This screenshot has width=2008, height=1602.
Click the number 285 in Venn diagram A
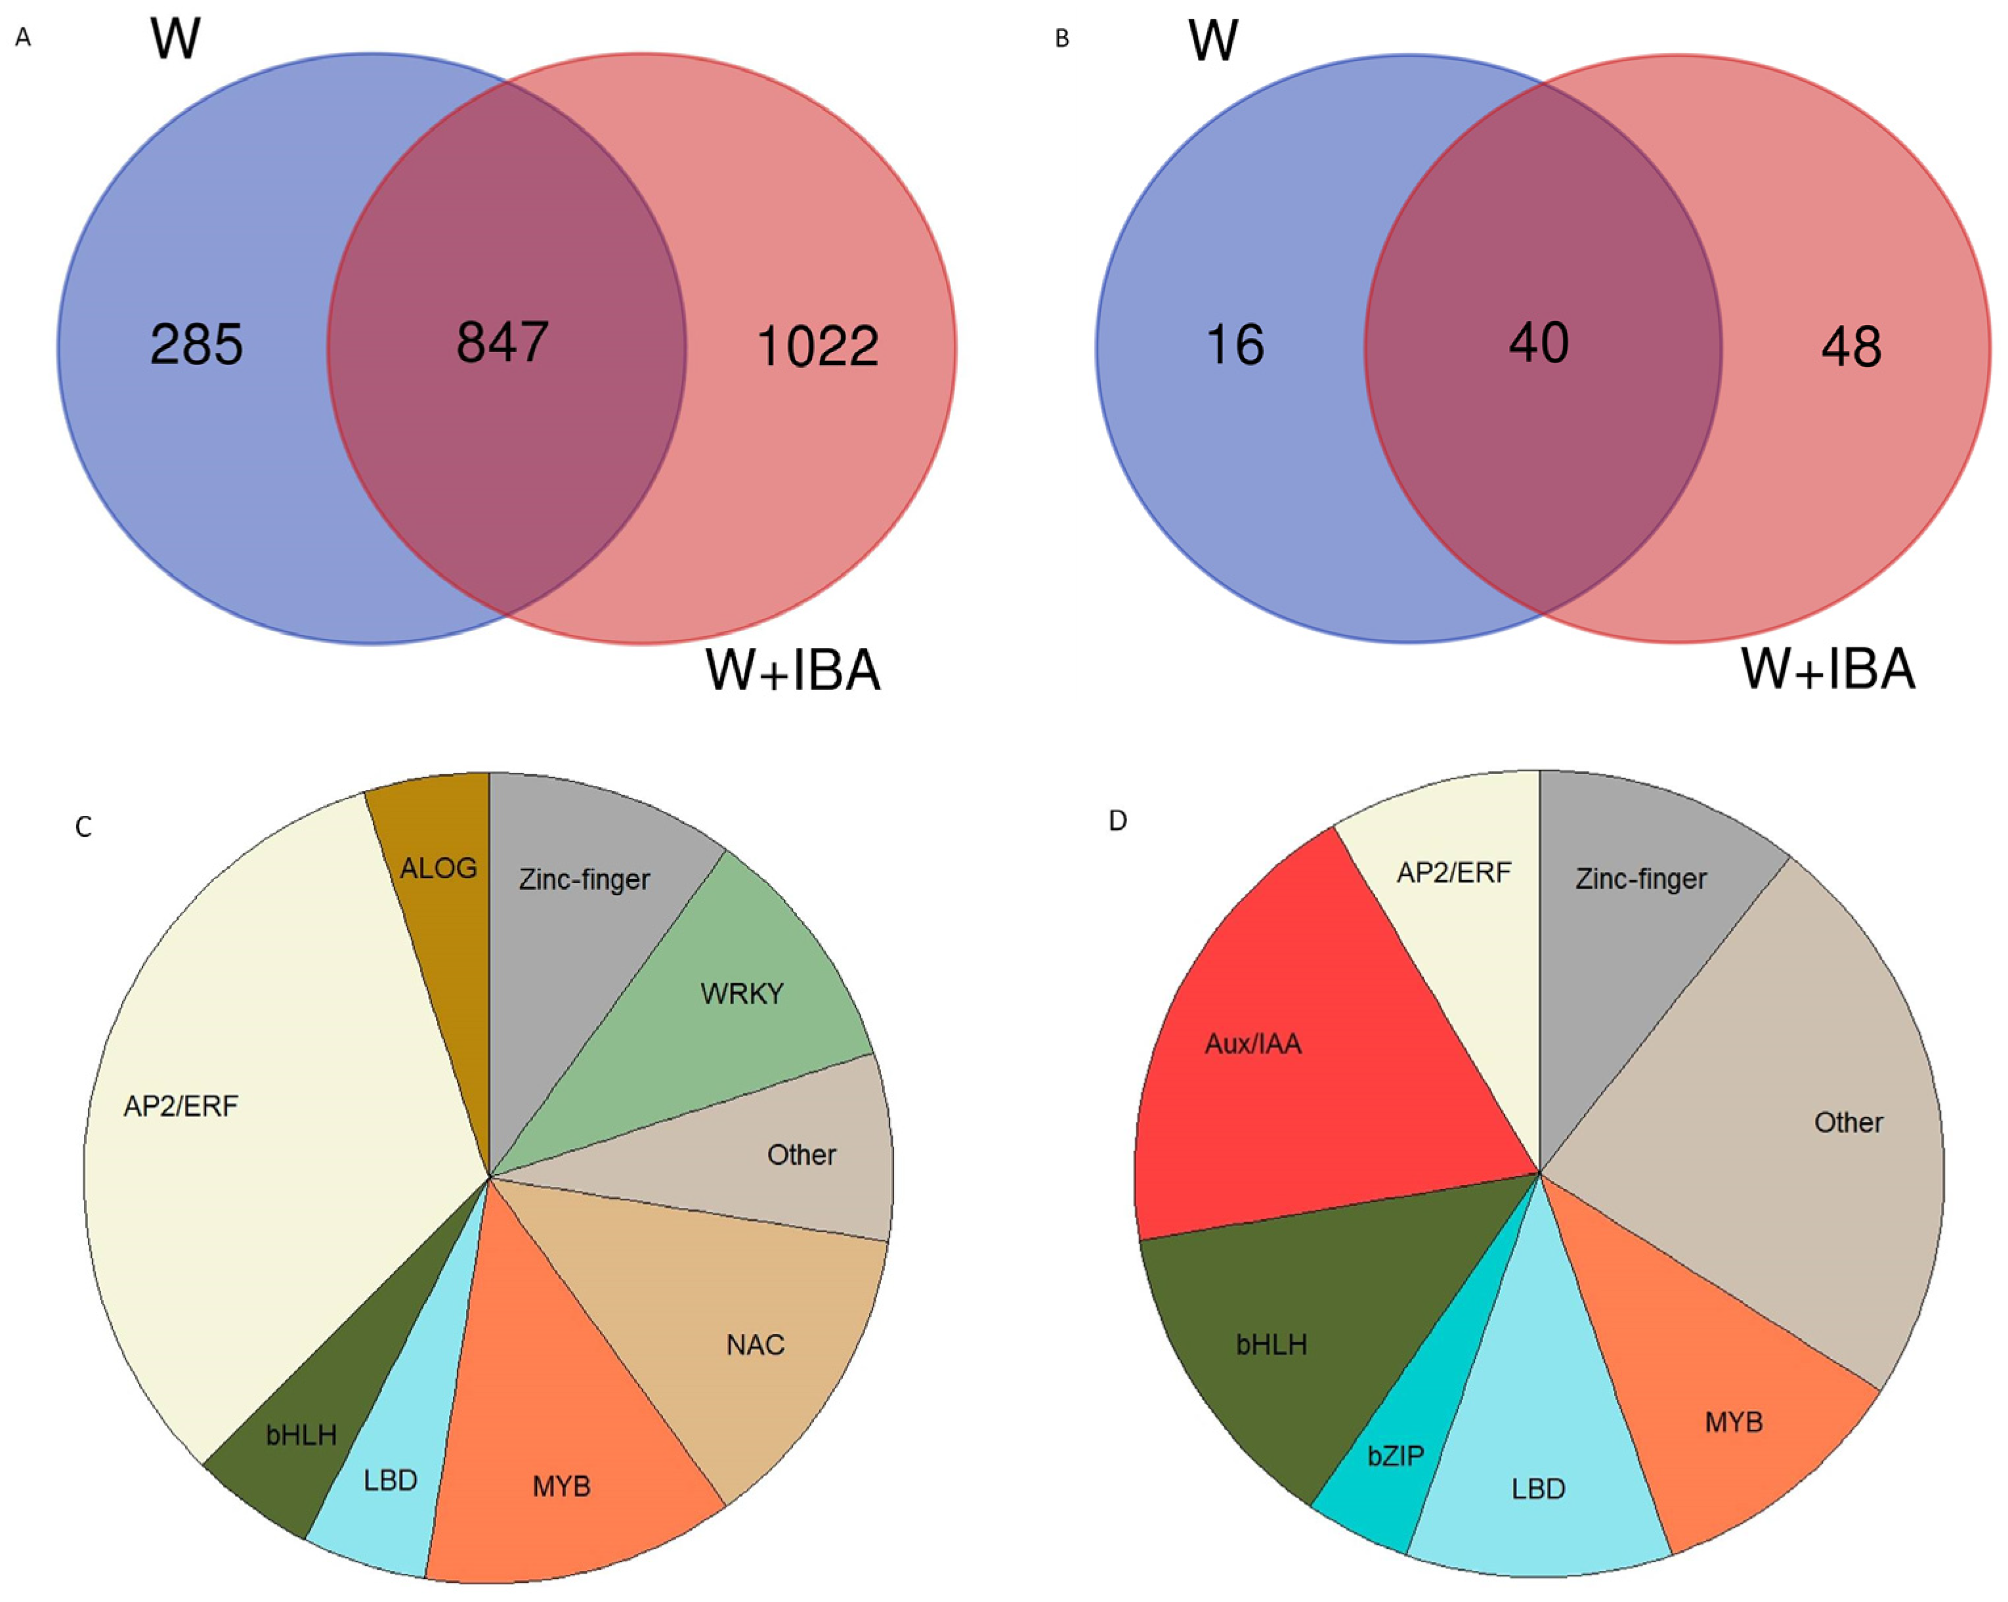pos(196,345)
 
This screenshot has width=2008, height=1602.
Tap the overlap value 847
pos(502,342)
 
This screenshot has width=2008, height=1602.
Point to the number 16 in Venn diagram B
pos(1235,345)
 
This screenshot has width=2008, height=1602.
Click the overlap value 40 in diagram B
pos(1539,343)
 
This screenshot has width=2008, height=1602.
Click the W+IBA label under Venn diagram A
pos(792,670)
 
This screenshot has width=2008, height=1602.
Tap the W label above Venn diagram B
pos(1212,41)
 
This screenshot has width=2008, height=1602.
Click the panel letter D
pos(1118,821)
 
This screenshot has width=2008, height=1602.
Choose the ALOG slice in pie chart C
pos(438,868)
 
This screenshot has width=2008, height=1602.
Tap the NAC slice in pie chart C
pos(756,1344)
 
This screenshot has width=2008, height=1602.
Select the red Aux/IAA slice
pos(1252,1043)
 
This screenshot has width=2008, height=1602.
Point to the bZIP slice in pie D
pos(1394,1456)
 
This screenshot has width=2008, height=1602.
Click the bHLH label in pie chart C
pos(301,1435)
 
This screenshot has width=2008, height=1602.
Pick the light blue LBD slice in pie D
pos(1537,1488)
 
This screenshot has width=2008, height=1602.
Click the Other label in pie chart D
pos(1848,1122)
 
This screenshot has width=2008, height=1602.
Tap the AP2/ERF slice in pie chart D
pos(1453,873)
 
